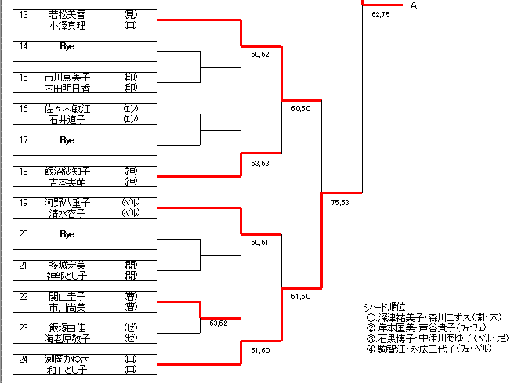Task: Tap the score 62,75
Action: (381, 15)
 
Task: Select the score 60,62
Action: (260, 55)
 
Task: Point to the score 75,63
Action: (340, 202)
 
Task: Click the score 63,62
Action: (218, 322)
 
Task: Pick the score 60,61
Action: (260, 243)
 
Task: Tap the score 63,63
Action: (260, 164)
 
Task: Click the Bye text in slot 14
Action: (67, 46)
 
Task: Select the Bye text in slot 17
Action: (67, 140)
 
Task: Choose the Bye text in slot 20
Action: (67, 233)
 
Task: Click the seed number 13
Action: (24, 15)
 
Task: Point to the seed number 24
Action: (24, 358)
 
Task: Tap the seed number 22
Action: (24, 296)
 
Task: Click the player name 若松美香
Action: (67, 15)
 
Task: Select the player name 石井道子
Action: (67, 119)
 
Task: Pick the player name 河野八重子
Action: (67, 202)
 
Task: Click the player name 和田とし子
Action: (67, 369)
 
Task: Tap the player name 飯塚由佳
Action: (67, 327)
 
